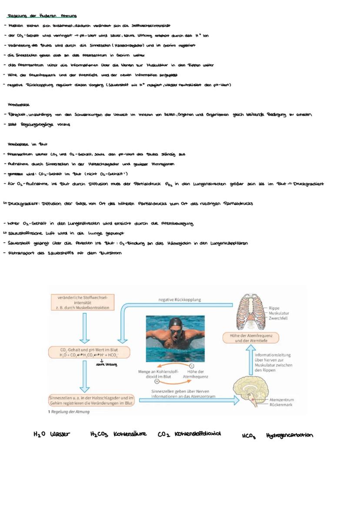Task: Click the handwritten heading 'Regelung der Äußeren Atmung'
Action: click(42, 16)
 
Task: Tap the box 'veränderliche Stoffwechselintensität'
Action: click(82, 302)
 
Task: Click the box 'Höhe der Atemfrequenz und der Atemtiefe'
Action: click(251, 338)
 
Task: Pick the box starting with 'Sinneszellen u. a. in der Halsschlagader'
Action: click(91, 400)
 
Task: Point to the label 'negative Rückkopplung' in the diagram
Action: click(180, 299)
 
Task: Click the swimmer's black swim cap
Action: click(175, 323)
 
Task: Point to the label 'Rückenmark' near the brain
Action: click(281, 405)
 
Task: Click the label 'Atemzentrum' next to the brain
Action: click(282, 399)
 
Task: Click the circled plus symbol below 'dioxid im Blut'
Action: click(157, 381)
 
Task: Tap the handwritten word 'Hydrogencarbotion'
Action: click(290, 435)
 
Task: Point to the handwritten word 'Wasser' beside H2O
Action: click(60, 434)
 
